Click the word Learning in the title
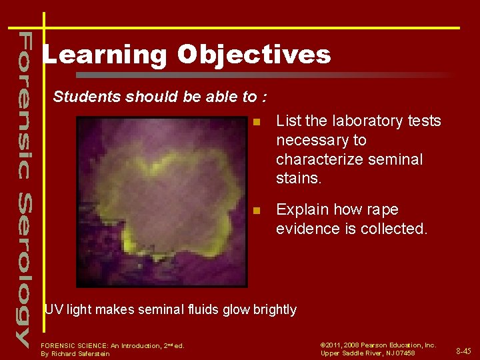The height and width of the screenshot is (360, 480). [105, 55]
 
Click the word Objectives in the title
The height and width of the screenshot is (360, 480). [254, 55]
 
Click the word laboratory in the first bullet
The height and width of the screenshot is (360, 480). [360, 121]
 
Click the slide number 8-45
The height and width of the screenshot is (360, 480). [463, 351]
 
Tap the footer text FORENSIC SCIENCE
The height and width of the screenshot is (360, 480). [80, 345]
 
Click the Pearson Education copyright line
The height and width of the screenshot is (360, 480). [378, 345]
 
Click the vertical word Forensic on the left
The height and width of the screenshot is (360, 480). [23, 104]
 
